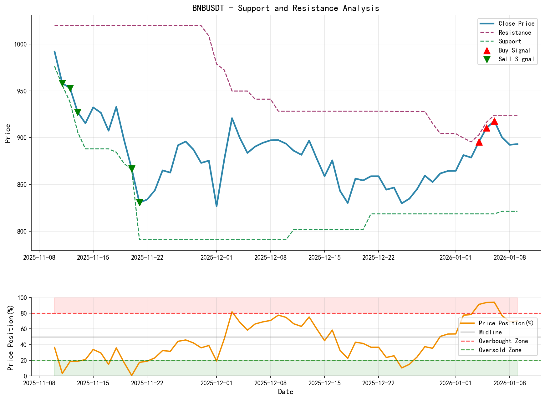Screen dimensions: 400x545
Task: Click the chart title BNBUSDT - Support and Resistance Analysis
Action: tap(286, 8)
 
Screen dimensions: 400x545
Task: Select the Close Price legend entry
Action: tap(516, 24)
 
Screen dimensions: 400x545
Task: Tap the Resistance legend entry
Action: tap(515, 32)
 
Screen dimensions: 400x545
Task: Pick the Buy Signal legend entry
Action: tap(515, 50)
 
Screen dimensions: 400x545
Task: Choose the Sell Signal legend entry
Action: tap(516, 59)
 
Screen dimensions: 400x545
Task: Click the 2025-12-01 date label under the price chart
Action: tap(216, 257)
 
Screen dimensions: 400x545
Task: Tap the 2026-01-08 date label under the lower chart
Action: tap(510, 383)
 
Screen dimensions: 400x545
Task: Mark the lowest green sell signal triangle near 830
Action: tap(140, 202)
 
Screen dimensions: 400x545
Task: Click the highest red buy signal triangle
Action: tap(494, 121)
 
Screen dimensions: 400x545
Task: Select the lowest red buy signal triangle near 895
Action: tap(479, 142)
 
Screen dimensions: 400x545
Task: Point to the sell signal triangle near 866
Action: tap(132, 169)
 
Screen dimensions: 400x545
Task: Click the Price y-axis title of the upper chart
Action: tap(8, 133)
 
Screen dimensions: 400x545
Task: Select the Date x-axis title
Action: tap(286, 392)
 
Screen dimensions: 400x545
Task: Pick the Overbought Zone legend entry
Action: tap(503, 341)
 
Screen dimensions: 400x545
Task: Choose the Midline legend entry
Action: tap(490, 332)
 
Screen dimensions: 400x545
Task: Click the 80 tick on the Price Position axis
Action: tap(24, 313)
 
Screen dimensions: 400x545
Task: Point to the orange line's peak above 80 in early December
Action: tap(232, 312)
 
